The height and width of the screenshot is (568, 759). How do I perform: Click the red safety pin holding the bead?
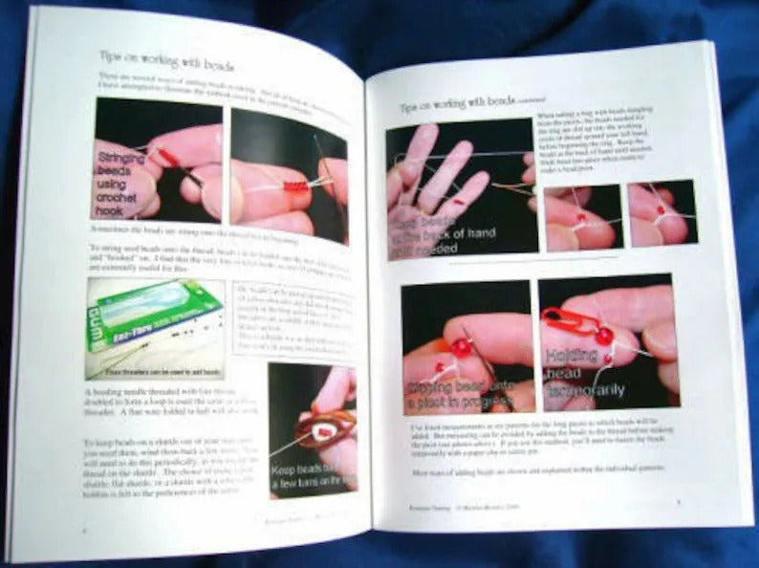(573, 326)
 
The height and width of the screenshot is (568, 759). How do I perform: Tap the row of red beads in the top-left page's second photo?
(295, 185)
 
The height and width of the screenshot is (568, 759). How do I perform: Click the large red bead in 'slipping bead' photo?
(462, 348)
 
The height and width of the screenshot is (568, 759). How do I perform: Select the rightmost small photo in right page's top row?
(661, 212)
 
